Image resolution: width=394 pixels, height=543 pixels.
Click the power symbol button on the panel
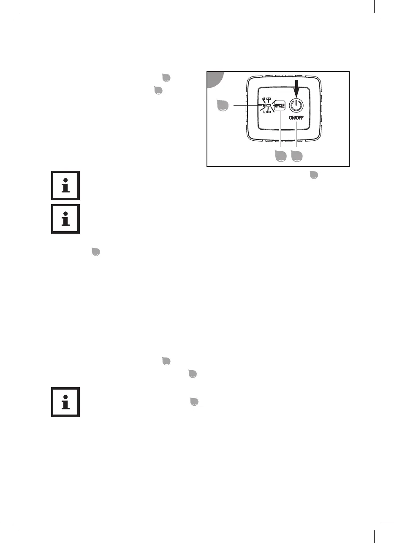pyautogui.click(x=297, y=105)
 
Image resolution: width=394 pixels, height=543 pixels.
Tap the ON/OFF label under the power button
pyautogui.click(x=297, y=118)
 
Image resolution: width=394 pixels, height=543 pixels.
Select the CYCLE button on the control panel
pyautogui.click(x=280, y=105)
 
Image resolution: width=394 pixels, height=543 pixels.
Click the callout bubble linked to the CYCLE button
pyautogui.click(x=280, y=156)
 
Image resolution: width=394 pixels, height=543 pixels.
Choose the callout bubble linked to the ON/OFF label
pyautogui.click(x=296, y=156)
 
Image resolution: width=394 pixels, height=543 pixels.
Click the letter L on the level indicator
pyautogui.click(x=264, y=112)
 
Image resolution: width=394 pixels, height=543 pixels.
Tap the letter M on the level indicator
pyautogui.click(x=264, y=105)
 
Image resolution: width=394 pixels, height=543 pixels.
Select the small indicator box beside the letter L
pyautogui.click(x=269, y=112)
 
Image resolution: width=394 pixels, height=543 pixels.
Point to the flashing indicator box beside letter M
pyautogui.click(x=269, y=105)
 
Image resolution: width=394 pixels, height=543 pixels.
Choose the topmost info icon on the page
pyautogui.click(x=65, y=186)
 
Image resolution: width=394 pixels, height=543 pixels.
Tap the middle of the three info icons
pyautogui.click(x=65, y=219)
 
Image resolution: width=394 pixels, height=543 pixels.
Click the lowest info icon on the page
pyautogui.click(x=65, y=403)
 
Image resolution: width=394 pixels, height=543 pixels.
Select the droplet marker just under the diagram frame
pyautogui.click(x=313, y=175)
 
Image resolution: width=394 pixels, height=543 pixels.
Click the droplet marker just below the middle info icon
pyautogui.click(x=96, y=252)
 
